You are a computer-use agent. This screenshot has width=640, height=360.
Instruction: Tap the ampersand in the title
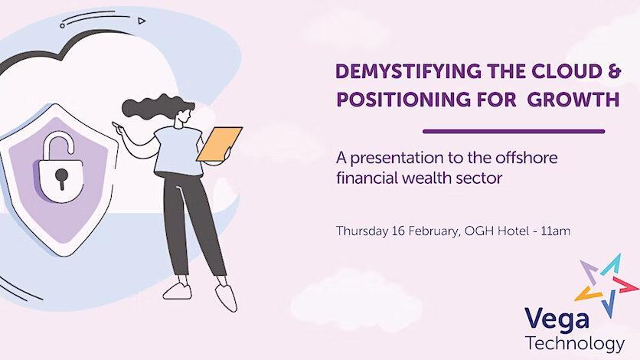point(613,71)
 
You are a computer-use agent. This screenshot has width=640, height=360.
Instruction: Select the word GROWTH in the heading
point(573,100)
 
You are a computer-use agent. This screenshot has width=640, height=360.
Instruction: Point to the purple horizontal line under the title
point(514,132)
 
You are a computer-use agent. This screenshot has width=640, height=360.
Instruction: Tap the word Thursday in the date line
point(362,231)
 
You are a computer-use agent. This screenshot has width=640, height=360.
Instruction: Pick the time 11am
point(556,231)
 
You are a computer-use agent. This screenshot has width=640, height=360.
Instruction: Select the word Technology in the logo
point(575,344)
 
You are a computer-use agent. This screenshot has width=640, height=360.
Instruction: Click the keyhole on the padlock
point(62,178)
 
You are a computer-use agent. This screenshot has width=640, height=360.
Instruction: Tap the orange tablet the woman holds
point(220,144)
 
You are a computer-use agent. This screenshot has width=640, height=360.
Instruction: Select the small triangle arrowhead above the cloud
point(141,21)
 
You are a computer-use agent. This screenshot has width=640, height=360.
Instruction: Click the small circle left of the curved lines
point(63,26)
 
